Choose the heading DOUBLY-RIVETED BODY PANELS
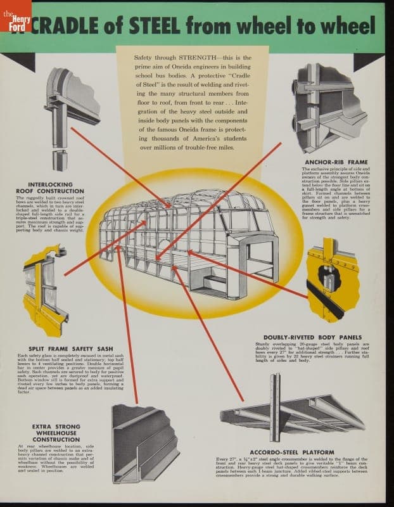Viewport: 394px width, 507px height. pos(312,337)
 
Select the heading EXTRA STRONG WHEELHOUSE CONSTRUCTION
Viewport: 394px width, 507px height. pos(56,433)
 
